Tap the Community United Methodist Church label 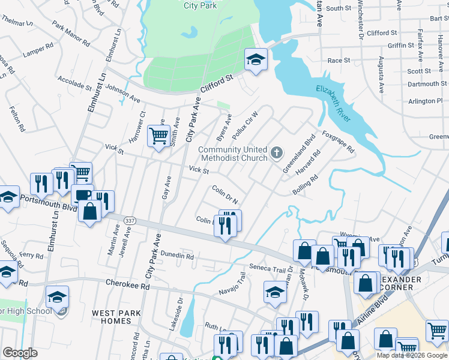(232, 154)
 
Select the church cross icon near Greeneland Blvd (276, 153)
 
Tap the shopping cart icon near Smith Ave (158, 136)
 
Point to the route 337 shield (128, 221)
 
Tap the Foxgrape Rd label (339, 142)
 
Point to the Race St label (339, 61)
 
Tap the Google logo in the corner (20, 353)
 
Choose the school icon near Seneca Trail (275, 292)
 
